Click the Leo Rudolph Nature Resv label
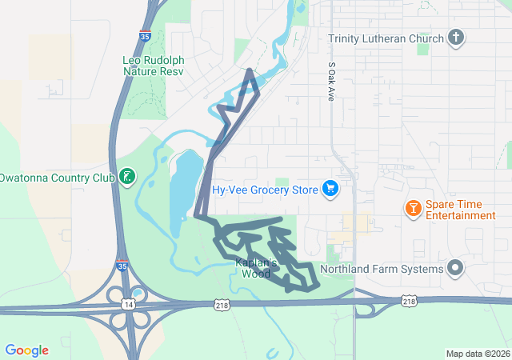coord(153,66)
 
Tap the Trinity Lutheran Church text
coord(386,38)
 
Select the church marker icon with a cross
coord(456,37)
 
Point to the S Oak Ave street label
coord(331,81)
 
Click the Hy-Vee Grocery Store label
coord(265,190)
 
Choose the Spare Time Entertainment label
coord(460,210)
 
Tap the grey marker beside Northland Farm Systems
coord(456,268)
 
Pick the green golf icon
coord(126,176)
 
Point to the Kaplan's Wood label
coord(256,267)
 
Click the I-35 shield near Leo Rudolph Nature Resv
coord(144,35)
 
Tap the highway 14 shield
coord(128,305)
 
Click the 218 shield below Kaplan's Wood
coord(223,305)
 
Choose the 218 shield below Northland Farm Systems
coord(409,301)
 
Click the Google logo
coord(26,350)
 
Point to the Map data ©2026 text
coord(477,354)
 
